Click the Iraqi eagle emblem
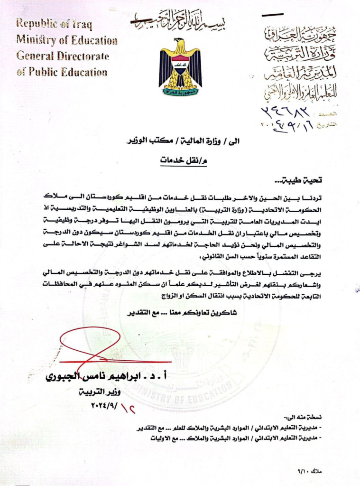180,66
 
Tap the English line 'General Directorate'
63,56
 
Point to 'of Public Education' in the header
62,72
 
